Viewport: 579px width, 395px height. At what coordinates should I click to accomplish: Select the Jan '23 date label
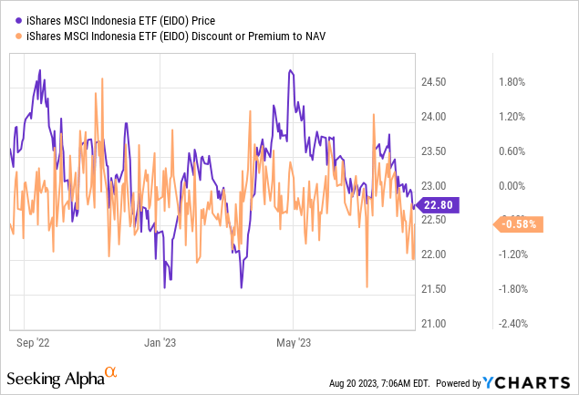click(160, 343)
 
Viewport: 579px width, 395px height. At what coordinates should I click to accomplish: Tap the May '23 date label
click(294, 343)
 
